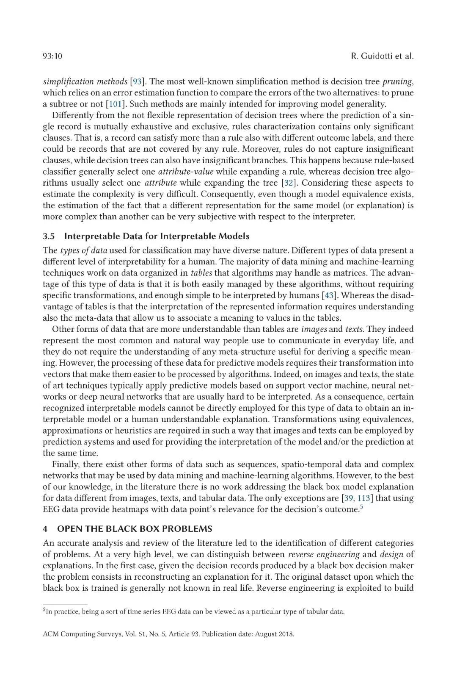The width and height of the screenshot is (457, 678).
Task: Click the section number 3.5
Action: point(49,236)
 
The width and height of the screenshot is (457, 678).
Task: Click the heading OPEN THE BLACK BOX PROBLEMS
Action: point(135,529)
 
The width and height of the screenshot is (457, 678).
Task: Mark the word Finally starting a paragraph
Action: point(66,464)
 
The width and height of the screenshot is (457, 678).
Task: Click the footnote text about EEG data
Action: point(195,611)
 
